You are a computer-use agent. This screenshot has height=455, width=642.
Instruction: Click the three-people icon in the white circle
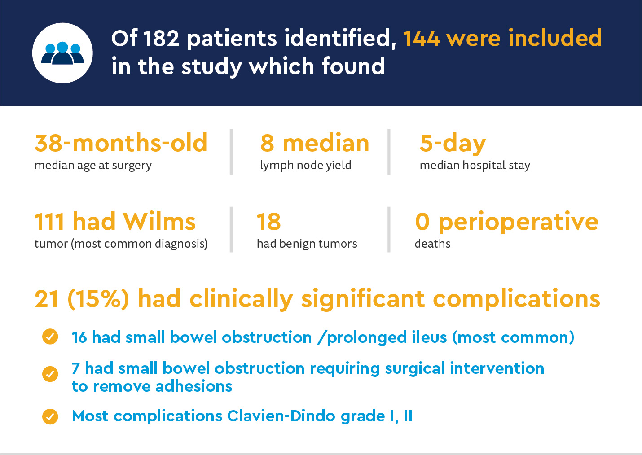(x=62, y=53)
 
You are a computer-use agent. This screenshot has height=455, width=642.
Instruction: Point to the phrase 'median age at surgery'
(x=93, y=166)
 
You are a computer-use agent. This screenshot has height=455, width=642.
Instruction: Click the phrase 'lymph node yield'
(x=306, y=166)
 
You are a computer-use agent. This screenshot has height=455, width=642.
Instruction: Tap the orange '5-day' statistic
(x=453, y=143)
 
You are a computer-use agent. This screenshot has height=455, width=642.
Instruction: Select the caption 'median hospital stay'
(x=475, y=166)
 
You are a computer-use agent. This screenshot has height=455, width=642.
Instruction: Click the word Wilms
(x=159, y=221)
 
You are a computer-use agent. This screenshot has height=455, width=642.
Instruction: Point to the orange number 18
(x=268, y=222)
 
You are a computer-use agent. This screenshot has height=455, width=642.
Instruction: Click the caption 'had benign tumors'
(x=307, y=244)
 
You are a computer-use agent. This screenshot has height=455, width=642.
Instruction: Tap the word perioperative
(x=519, y=223)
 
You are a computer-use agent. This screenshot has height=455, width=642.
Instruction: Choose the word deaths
(x=432, y=244)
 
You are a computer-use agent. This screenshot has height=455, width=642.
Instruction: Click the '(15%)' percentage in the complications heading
(x=98, y=299)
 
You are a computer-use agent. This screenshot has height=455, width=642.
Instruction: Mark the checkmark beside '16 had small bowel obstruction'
(x=50, y=337)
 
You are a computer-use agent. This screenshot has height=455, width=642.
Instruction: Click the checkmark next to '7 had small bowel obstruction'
(x=50, y=374)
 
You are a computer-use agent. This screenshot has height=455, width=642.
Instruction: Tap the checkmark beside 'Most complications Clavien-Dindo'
(x=50, y=416)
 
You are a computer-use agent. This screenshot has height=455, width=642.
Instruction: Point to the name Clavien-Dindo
(x=281, y=416)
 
